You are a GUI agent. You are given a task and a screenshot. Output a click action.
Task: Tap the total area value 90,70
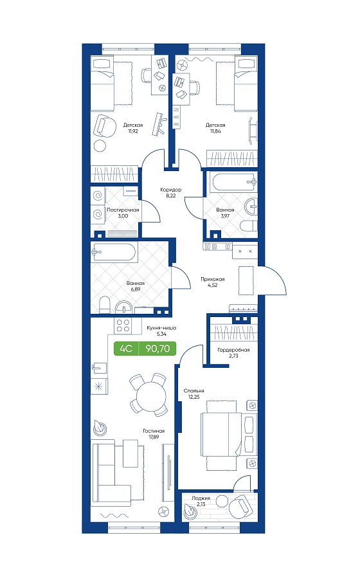[x=158, y=349]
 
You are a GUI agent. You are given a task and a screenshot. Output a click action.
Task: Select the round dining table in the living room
[x=150, y=394]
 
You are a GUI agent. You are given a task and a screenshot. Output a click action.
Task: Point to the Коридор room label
[x=171, y=190]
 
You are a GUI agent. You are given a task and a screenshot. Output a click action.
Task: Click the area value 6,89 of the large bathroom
[x=136, y=289]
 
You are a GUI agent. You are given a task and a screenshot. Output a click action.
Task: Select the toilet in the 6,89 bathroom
[x=105, y=304]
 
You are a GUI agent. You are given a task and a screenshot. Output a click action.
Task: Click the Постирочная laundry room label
[x=123, y=210]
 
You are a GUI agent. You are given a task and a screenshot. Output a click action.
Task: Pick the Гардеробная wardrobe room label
[x=233, y=350]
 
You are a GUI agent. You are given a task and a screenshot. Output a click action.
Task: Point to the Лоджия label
[x=201, y=498]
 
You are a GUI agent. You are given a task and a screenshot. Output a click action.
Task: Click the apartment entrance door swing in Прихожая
[x=274, y=280]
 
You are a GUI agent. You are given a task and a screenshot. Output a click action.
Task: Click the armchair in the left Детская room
[x=104, y=125]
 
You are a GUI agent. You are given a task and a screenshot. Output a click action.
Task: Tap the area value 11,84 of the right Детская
[x=215, y=131]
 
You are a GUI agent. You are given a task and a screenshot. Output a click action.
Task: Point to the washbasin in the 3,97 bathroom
[x=251, y=207]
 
